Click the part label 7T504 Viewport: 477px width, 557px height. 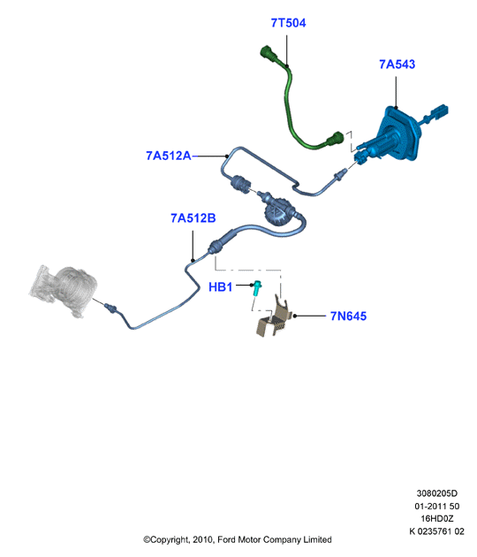pos(288,23)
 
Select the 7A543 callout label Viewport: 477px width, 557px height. pos(397,65)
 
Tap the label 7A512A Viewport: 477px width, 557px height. pos(169,156)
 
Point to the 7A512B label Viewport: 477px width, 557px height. pos(193,218)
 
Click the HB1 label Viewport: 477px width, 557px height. pos(221,286)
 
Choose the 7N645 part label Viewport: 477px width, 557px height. pos(348,316)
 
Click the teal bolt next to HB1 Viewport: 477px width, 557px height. pos(256,287)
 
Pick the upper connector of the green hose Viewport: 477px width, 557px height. pos(270,55)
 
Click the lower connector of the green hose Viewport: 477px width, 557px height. pos(334,139)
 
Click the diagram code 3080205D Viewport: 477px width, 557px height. pos(437,493)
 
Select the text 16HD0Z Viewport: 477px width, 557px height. pos(437,518)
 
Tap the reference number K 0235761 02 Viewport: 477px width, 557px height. pos(436,531)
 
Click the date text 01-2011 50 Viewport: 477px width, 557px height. pos(437,506)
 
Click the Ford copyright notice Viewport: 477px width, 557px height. pos(238,539)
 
